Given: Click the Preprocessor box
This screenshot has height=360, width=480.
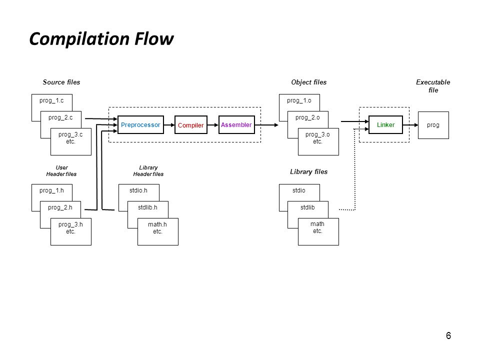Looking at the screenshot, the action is click(x=140, y=124).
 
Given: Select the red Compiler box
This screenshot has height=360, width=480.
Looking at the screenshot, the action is click(x=190, y=124).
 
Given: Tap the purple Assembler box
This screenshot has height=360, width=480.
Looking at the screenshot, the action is click(x=236, y=124).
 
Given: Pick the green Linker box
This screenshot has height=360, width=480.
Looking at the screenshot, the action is click(x=385, y=124).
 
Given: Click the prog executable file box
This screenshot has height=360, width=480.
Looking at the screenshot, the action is click(x=433, y=125).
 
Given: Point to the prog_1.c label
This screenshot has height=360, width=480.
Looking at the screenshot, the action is click(x=51, y=100).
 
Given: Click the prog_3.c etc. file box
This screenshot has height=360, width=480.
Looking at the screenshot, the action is click(x=70, y=141).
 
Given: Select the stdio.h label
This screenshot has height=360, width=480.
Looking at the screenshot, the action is click(x=138, y=190).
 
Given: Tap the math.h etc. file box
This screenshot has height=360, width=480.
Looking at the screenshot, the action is click(x=157, y=231).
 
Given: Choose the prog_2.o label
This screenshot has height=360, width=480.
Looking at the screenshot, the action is click(x=307, y=117).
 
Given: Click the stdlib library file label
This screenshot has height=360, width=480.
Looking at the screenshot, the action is click(x=307, y=207).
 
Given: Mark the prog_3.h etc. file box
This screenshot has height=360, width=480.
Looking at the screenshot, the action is click(x=70, y=231).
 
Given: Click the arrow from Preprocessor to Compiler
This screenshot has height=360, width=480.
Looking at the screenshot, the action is click(x=169, y=125).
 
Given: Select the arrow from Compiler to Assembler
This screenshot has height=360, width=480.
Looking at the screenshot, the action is click(x=213, y=125).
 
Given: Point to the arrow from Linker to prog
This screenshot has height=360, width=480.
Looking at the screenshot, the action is click(x=410, y=125).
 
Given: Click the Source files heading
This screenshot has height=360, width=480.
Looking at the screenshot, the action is click(x=61, y=82).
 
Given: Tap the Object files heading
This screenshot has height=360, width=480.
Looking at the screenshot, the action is click(x=309, y=82).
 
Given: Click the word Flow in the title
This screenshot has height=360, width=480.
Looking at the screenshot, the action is click(x=154, y=39).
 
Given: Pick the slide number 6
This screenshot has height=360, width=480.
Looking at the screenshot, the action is click(x=448, y=335).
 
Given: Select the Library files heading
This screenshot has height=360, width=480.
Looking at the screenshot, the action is click(x=309, y=171).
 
